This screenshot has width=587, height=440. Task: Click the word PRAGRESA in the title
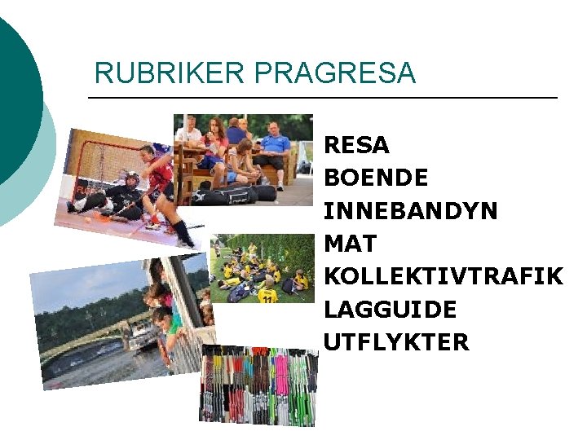335,73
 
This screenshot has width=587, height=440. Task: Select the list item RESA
356,146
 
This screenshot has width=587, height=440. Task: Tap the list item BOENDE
376,178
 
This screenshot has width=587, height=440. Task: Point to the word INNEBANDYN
410,211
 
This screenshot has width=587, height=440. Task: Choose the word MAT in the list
350,244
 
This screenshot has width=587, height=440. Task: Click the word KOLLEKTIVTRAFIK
443,276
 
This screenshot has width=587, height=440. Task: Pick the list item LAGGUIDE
390,310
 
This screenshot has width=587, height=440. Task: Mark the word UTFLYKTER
396,342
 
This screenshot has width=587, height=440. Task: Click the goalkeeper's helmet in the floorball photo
131,177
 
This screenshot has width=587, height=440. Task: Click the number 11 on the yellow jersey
265,297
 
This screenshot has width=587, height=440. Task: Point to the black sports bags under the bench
236,194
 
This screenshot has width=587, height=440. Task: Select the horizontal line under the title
322,98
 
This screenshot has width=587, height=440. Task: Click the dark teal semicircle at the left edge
16,98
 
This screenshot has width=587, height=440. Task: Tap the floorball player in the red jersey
159,175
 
